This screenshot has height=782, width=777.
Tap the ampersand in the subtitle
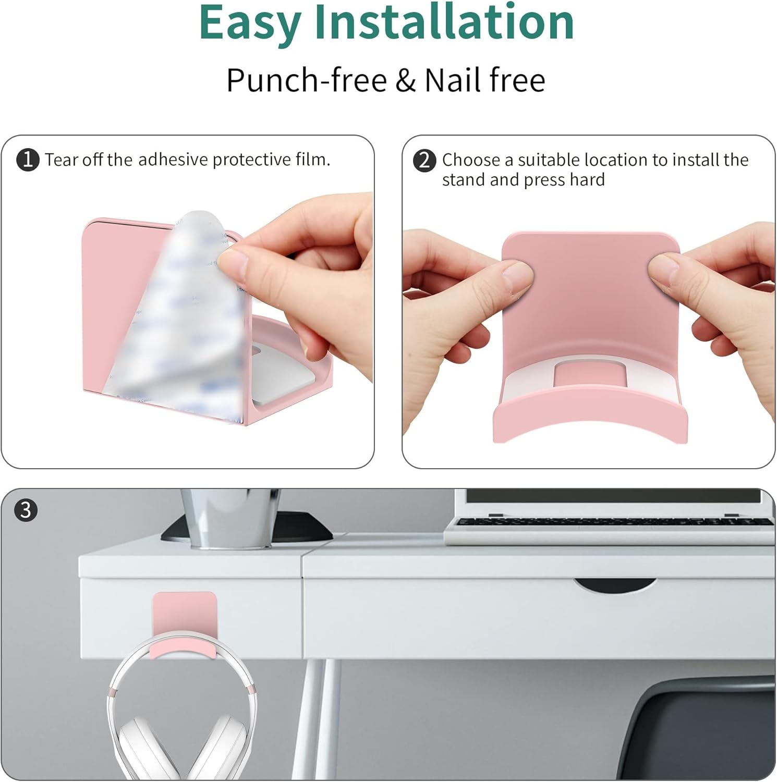pyautogui.click(x=406, y=80)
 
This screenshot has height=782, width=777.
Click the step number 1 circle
pyautogui.click(x=28, y=160)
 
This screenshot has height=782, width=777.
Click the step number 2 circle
pyautogui.click(x=424, y=160)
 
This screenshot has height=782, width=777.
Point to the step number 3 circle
pyautogui.click(x=26, y=510)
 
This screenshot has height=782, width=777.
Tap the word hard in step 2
pyautogui.click(x=587, y=179)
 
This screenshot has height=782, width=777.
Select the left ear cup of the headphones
pyautogui.click(x=135, y=749)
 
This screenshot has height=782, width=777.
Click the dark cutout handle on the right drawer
pyautogui.click(x=615, y=585)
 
